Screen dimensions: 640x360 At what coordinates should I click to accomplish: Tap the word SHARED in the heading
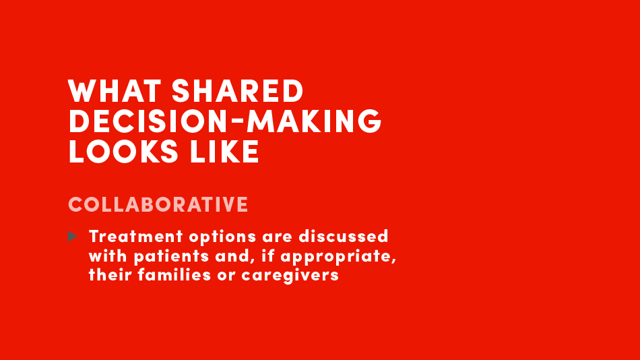[x=238, y=91]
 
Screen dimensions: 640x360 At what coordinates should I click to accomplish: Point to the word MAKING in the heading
[x=315, y=121]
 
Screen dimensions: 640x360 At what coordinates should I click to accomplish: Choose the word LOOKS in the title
[x=123, y=151]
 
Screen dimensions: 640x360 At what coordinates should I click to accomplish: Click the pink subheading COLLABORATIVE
[x=158, y=204]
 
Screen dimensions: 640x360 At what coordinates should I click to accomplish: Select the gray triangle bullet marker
[x=72, y=236]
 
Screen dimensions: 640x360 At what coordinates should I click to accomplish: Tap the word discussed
[x=344, y=236]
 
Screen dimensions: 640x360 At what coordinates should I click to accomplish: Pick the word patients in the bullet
[x=171, y=257]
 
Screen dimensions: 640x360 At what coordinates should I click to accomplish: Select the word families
[x=174, y=274]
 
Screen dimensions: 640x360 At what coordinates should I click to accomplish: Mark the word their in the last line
[x=110, y=274]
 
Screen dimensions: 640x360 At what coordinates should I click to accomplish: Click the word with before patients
[x=108, y=256]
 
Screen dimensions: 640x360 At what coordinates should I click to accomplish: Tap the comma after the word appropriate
[x=394, y=262]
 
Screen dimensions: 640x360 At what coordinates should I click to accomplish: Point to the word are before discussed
[x=277, y=237]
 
